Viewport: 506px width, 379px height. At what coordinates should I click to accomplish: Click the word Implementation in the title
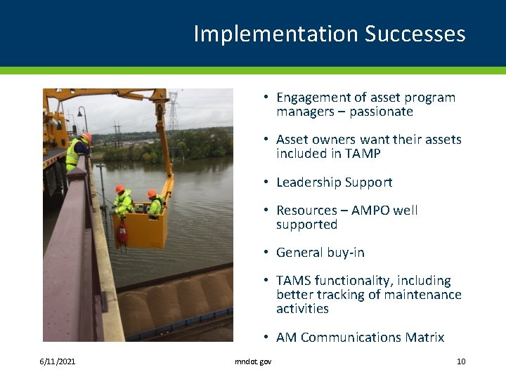pos(275,34)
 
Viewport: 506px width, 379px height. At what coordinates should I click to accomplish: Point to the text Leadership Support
pos(334,182)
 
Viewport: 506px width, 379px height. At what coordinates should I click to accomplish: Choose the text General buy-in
pos(320,252)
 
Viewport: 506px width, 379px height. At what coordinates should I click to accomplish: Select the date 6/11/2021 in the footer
pos(58,361)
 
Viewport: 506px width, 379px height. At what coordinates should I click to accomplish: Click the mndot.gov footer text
pos(253,361)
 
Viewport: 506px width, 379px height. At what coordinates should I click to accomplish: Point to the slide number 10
pos(461,361)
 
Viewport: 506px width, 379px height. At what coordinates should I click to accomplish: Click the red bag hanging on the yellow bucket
pos(122,232)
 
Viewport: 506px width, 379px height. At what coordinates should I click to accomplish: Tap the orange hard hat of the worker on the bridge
pos(86,137)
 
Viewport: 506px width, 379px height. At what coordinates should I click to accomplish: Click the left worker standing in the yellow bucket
pos(123,201)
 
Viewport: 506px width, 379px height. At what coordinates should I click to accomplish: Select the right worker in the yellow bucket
pos(155,204)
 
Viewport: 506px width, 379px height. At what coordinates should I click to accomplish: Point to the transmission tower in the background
pos(174,112)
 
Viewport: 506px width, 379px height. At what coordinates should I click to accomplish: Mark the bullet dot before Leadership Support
pos(267,182)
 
